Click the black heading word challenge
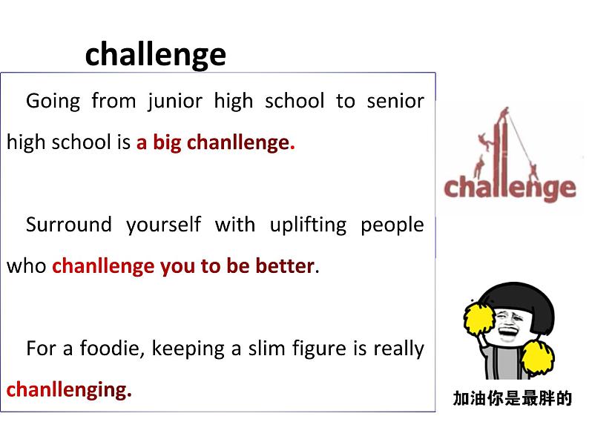pyautogui.click(x=155, y=54)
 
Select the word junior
pyautogui.click(x=175, y=101)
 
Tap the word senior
pyautogui.click(x=395, y=101)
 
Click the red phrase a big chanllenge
pyautogui.click(x=215, y=142)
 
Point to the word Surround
pyautogui.click(x=68, y=224)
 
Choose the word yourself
pyautogui.click(x=163, y=224)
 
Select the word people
pyautogui.click(x=392, y=224)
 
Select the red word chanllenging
pyautogui.click(x=69, y=389)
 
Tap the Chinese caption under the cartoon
pyautogui.click(x=513, y=398)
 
